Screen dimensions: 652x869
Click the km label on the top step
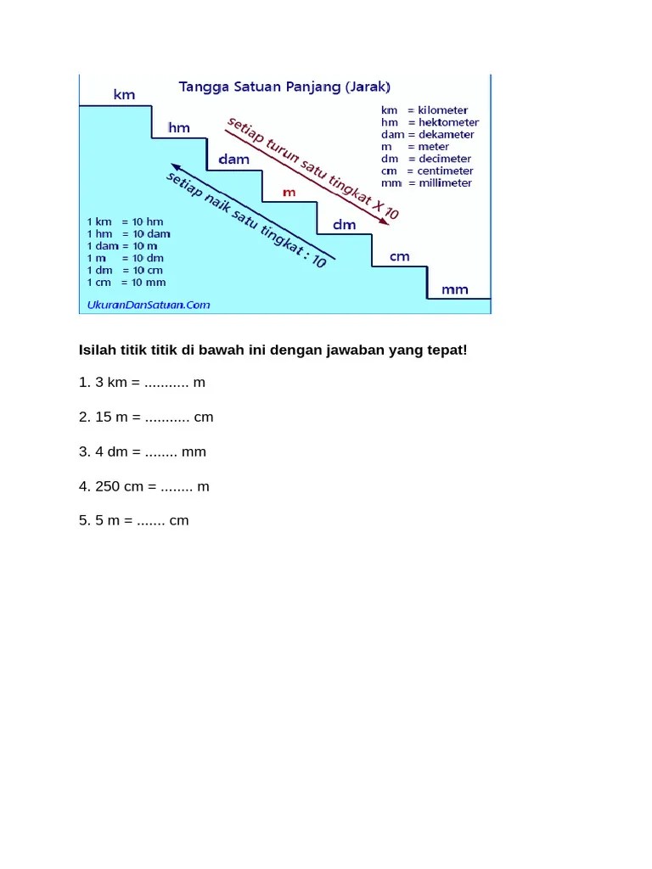[124, 95]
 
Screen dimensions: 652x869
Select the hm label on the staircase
[179, 128]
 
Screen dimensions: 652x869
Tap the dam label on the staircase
[233, 159]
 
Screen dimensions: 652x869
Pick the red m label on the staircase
[289, 192]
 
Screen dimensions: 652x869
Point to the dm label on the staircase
[344, 224]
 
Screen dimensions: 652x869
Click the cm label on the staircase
[399, 256]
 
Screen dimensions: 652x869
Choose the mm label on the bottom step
[454, 289]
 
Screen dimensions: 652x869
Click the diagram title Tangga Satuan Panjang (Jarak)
[284, 86]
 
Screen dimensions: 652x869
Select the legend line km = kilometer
[424, 110]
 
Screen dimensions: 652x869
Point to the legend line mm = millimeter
[427, 182]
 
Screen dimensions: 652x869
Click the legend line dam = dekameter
[428, 134]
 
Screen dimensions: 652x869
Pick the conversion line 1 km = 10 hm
[125, 221]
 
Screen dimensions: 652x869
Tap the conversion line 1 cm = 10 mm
[126, 282]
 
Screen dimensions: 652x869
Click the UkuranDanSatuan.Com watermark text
[149, 304]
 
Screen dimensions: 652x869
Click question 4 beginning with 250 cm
[143, 486]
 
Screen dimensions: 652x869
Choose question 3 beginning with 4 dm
[142, 451]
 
